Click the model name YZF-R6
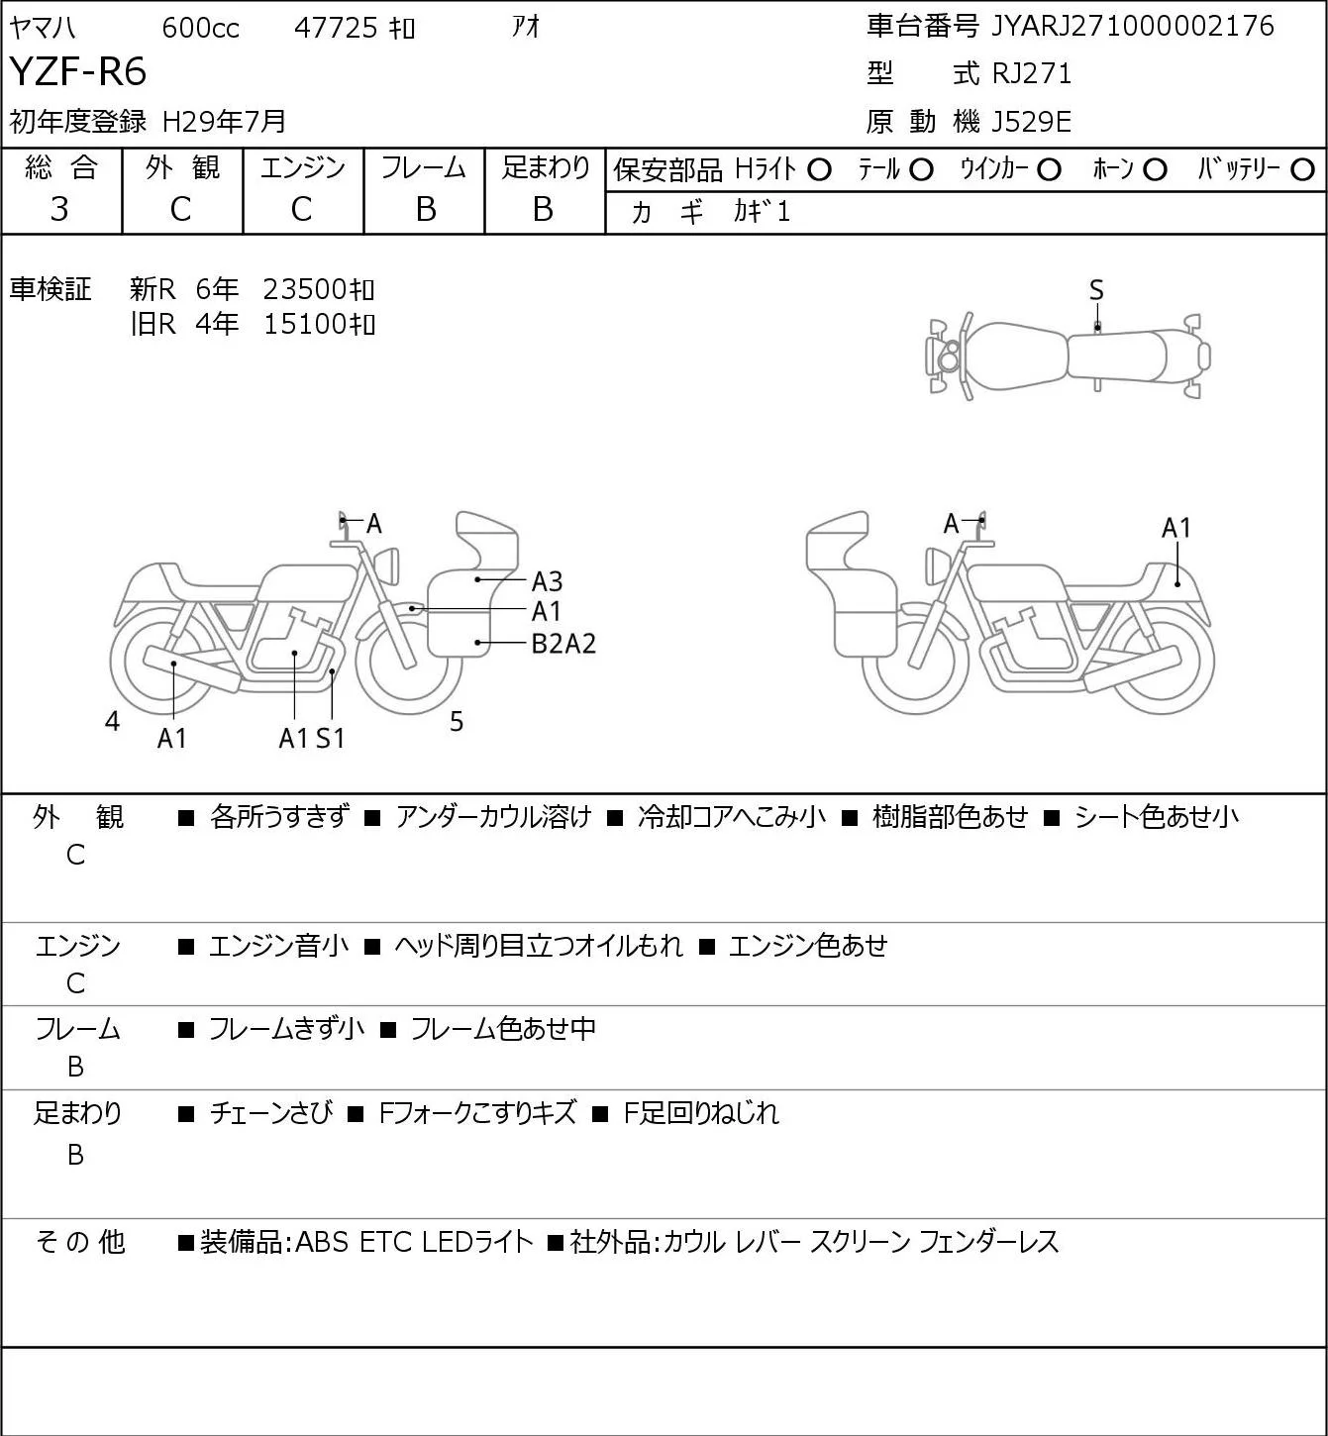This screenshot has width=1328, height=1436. click(78, 71)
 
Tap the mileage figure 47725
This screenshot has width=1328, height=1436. click(336, 28)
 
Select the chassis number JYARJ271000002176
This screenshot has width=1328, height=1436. click(1132, 26)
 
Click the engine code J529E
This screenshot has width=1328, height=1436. click(1031, 122)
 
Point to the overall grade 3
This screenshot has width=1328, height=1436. click(59, 209)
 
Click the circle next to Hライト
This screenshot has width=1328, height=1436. click(819, 170)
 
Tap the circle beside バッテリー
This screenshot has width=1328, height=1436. click(1302, 170)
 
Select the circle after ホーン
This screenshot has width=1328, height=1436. click(1155, 170)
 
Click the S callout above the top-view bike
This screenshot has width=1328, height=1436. click(1096, 291)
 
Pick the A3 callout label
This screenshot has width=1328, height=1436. click(547, 581)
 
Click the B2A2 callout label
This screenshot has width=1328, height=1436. click(563, 644)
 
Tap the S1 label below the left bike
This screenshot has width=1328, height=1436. click(330, 738)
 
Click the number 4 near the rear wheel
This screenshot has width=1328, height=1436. click(112, 721)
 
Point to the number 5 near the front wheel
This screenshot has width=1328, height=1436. click(457, 721)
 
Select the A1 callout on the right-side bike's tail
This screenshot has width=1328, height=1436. click(1175, 528)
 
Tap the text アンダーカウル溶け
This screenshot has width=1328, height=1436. click(493, 817)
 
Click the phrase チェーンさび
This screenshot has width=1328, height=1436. click(271, 1112)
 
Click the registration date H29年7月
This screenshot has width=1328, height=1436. click(224, 122)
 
